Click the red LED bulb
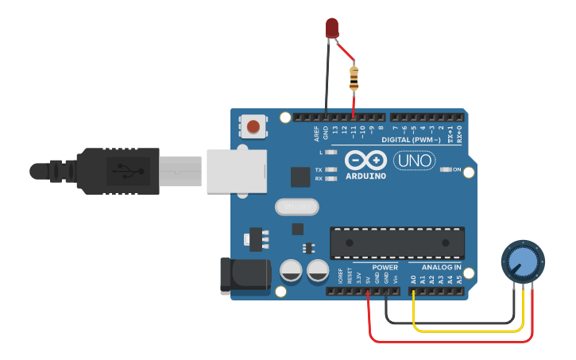pyautogui.click(x=332, y=29)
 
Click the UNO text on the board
pyautogui.click(x=413, y=161)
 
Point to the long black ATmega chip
pyautogui.click(x=397, y=242)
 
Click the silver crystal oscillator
pyautogui.click(x=296, y=207)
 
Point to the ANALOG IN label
pyautogui.click(x=440, y=268)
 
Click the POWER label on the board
pyautogui.click(x=385, y=268)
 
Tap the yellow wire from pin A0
pyautogui.click(x=469, y=329)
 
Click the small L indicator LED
pyautogui.click(x=331, y=151)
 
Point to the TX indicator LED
pyautogui.click(x=331, y=170)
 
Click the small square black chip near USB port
pyautogui.click(x=300, y=177)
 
